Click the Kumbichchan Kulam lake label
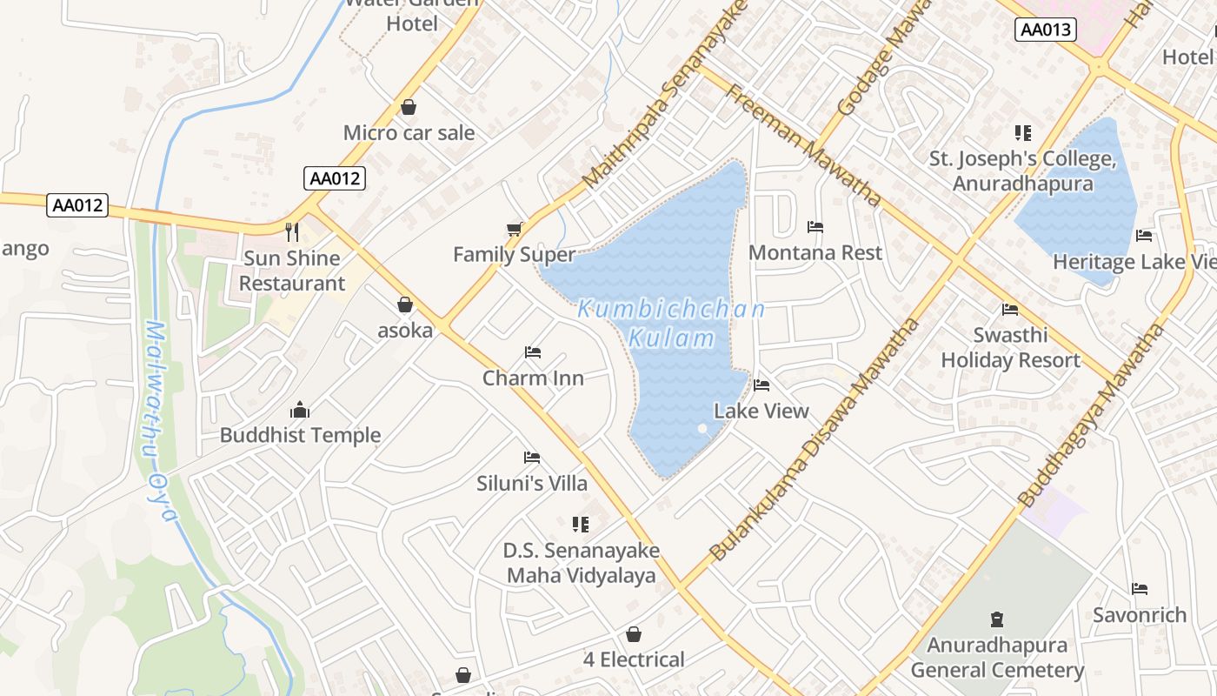[671, 323]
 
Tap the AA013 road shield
[1046, 30]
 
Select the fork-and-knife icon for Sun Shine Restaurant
[292, 231]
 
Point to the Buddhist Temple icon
[300, 410]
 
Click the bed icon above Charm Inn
[533, 352]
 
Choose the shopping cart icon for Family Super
[515, 229]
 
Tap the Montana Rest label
[815, 253]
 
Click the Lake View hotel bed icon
[762, 385]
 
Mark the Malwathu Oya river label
[159, 422]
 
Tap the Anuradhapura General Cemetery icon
[997, 620]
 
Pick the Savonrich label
[1139, 615]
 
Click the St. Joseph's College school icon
[1023, 133]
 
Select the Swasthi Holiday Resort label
[1010, 348]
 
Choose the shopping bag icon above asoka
[405, 304]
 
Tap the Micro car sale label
[409, 133]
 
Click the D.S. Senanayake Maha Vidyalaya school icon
[581, 525]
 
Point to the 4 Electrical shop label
[634, 659]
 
